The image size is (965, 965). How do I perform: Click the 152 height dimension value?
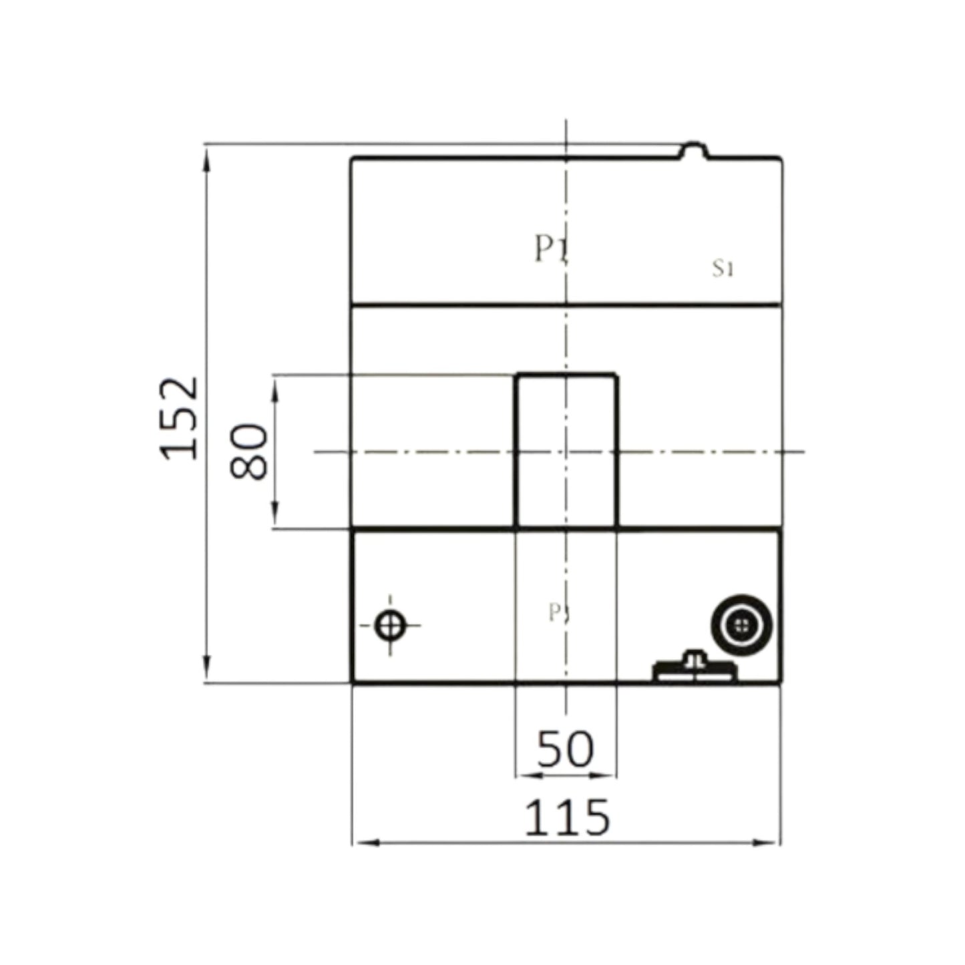179,418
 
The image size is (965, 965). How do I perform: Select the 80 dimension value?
249,451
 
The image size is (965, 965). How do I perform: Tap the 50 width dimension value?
565,748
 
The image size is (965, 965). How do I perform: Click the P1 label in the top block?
550,250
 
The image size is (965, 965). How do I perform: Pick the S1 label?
723,269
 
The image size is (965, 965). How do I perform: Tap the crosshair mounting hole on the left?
390,626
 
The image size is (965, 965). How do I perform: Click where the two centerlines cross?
566,452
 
